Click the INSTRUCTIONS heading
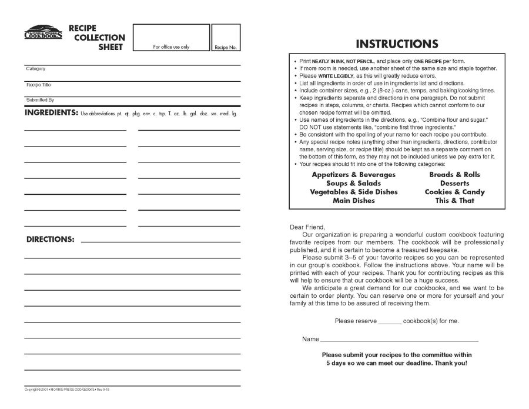coord(397,44)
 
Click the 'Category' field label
coord(35,69)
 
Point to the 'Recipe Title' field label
coord(38,85)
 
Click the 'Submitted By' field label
coord(40,100)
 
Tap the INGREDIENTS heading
coord(51,112)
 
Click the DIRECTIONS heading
coord(50,240)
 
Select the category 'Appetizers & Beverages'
coord(353,175)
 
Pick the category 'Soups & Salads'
coord(353,184)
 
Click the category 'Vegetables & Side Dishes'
coord(353,192)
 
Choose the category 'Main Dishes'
coord(353,201)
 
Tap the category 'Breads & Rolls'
coord(454,175)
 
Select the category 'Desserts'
coord(454,184)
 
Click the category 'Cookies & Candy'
coord(454,192)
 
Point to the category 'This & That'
coord(454,201)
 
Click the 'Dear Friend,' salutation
coord(307,227)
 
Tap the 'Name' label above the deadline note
coord(311,340)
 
